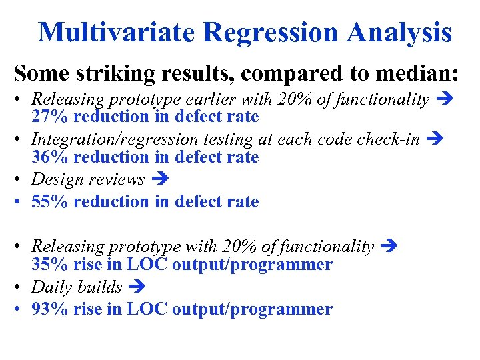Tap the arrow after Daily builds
tap(135, 287)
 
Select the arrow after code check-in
tap(433, 139)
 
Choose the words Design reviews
tap(88, 179)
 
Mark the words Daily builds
tap(77, 287)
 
